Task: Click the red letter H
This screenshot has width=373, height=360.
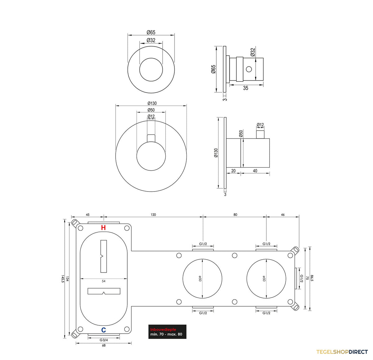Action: click(103, 228)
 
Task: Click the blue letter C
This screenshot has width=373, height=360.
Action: click(103, 330)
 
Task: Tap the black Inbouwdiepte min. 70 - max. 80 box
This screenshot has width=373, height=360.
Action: click(167, 332)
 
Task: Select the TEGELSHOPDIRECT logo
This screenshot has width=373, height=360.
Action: click(342, 352)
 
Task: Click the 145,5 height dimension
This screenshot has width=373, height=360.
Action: click(62, 280)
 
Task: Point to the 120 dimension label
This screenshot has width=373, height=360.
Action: click(153, 215)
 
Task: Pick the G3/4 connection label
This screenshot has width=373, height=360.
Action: click(104, 340)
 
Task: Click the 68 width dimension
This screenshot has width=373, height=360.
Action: click(104, 345)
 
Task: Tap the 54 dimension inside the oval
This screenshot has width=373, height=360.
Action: click(104, 281)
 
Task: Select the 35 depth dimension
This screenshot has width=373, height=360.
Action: click(246, 88)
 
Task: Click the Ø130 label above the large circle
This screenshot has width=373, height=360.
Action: click(152, 103)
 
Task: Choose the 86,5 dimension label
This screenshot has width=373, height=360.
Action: click(312, 278)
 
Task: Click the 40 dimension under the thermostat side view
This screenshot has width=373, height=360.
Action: click(255, 171)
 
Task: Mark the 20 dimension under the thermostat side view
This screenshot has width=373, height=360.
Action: click(233, 171)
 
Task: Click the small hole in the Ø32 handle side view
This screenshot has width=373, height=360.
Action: click(249, 69)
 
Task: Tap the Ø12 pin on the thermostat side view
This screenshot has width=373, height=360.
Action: click(260, 135)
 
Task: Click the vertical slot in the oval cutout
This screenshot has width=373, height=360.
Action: click(104, 256)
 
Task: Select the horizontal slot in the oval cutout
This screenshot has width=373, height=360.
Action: click(104, 291)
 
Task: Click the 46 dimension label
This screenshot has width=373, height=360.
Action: click(283, 215)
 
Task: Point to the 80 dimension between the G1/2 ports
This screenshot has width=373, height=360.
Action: click(235, 215)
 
